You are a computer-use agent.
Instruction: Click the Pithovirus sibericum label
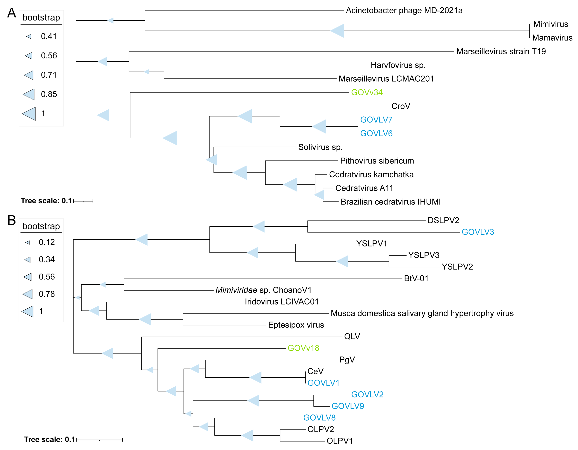(377, 161)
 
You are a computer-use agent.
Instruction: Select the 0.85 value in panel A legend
(49, 94)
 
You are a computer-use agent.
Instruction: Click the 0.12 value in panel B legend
(47, 242)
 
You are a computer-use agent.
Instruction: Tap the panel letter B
(12, 220)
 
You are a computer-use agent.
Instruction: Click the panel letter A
(12, 13)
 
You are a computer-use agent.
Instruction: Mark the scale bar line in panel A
(83, 201)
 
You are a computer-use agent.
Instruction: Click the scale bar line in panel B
(100, 440)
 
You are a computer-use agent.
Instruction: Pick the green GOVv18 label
(303, 348)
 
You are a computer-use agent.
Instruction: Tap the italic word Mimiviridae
(236, 290)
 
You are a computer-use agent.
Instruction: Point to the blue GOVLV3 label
(478, 232)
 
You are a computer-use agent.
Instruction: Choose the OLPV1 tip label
(340, 441)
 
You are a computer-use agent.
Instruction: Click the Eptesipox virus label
(296, 325)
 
